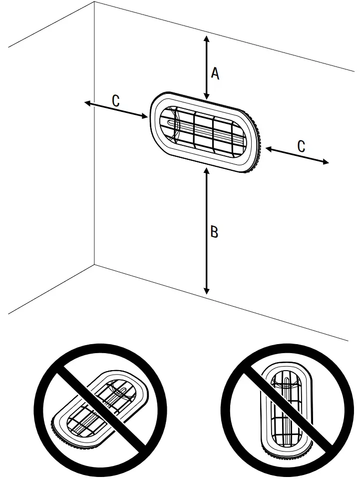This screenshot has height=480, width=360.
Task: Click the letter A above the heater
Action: coord(215,73)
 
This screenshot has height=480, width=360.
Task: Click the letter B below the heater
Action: coord(214,232)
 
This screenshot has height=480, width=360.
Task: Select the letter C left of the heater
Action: coord(115,101)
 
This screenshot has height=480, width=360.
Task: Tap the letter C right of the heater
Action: coord(301,146)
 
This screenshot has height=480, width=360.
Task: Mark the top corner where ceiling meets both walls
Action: coord(95,2)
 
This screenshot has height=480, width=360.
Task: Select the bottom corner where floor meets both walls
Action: coord(95,265)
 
